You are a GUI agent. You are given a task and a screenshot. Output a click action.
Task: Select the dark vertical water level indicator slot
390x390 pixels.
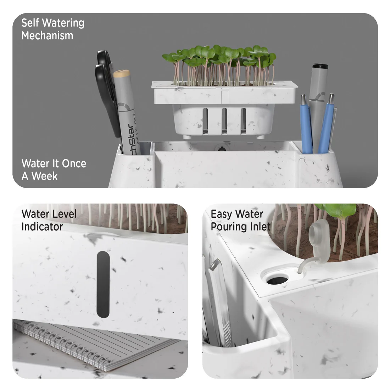pyautogui.click(x=103, y=284)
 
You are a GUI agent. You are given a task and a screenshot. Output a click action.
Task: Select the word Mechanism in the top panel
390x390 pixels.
pyautogui.click(x=47, y=35)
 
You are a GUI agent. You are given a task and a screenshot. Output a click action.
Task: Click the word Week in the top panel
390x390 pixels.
pyautogui.click(x=45, y=176)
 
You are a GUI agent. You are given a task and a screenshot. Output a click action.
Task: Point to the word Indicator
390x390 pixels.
pyautogui.click(x=42, y=227)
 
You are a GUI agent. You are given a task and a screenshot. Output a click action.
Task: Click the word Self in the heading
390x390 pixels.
pyautogui.click(x=30, y=23)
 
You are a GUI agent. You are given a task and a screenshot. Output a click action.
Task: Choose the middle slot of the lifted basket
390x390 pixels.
pyautogui.click(x=224, y=121)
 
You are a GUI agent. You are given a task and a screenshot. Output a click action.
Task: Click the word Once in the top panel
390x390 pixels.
pyautogui.click(x=74, y=163)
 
